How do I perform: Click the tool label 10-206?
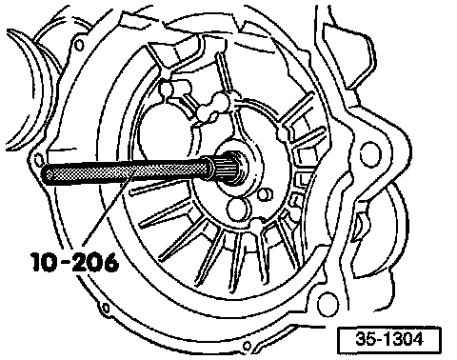coord(75,262)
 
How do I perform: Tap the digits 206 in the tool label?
coord(94,262)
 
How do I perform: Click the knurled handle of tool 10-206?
coord(127,170)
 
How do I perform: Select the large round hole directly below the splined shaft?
coord(238,210)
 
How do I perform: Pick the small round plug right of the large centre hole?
coord(266,194)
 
